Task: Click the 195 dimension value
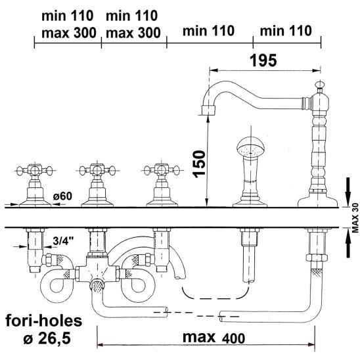pos(263,60)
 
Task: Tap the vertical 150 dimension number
pos(199,164)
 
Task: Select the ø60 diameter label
pos(62,196)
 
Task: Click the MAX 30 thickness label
pos(355,218)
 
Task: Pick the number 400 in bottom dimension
pos(233,338)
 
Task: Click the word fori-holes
pos(43,321)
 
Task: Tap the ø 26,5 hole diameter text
pos(47,339)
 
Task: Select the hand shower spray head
pos(251,147)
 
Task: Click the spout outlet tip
pos(208,110)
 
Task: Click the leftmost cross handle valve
pos(35,185)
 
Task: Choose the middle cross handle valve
pos(97,185)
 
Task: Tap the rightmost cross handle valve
pos(162,185)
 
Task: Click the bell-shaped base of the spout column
pos(317,200)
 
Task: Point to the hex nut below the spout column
pos(317,258)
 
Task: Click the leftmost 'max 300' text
pos(69,33)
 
